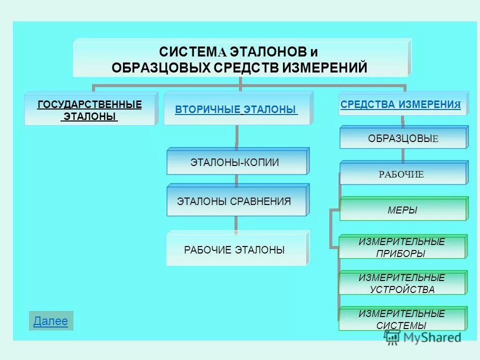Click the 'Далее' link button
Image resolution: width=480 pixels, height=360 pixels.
(x=50, y=321)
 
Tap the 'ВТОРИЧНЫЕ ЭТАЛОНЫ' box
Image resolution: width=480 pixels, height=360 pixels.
(x=236, y=109)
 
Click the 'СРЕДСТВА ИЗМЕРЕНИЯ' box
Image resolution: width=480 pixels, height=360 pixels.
(x=400, y=104)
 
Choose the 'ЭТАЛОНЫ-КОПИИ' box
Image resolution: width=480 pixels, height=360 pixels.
(x=235, y=162)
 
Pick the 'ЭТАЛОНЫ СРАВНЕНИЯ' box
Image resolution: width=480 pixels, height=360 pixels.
(x=234, y=201)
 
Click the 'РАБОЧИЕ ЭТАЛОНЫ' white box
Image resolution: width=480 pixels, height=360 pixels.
(x=234, y=249)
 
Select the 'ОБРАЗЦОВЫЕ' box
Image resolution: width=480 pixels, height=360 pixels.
(x=403, y=138)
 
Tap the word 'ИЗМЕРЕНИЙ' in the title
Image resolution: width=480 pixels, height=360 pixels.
(x=324, y=67)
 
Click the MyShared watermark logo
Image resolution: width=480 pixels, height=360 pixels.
(x=423, y=337)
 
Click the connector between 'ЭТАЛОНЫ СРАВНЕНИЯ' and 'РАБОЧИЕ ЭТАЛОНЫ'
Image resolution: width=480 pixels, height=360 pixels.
(x=236, y=223)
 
